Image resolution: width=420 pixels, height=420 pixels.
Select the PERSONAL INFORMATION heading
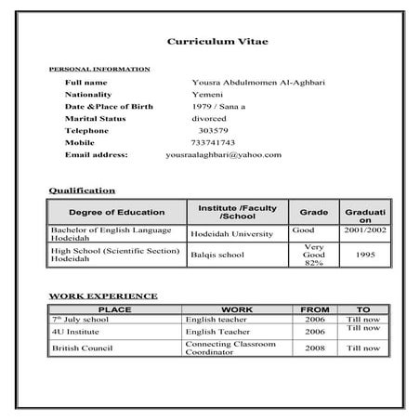click(98, 70)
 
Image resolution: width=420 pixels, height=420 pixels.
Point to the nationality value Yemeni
click(208, 95)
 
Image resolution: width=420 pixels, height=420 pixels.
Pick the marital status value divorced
click(209, 119)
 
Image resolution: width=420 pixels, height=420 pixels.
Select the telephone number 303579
click(214, 131)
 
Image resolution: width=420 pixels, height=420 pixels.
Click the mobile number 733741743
click(212, 143)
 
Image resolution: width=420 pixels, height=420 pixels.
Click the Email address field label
click(97, 154)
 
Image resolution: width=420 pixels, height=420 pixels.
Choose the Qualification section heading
click(82, 190)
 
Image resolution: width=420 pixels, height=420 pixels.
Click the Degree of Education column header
click(117, 213)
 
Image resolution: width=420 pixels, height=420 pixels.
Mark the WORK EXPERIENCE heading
click(102, 296)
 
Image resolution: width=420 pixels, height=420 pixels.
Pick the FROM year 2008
click(314, 348)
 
